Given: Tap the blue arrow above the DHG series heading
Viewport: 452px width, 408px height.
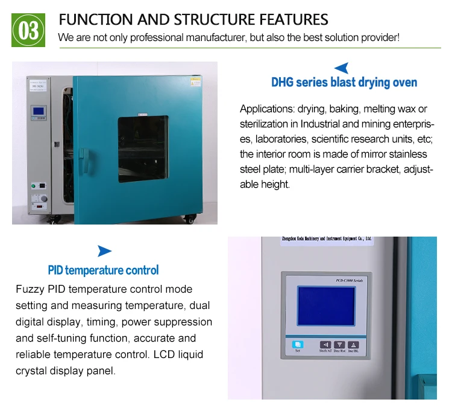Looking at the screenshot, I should click(342, 68).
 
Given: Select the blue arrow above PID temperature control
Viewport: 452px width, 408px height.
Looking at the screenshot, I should click(104, 251).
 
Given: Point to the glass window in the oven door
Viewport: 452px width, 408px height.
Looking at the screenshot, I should click(142, 148).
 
